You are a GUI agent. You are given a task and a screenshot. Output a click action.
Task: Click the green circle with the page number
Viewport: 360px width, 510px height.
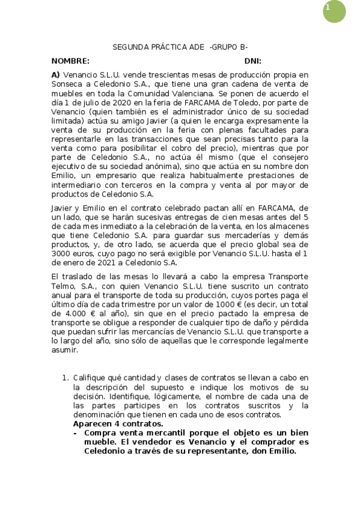pos(334,11)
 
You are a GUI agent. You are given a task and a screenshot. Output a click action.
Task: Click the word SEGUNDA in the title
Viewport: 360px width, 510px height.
pos(127,47)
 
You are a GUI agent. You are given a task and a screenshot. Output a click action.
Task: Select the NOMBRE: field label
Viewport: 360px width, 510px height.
pos(70,61)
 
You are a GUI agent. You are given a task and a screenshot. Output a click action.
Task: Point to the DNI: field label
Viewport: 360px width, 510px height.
pos(252,61)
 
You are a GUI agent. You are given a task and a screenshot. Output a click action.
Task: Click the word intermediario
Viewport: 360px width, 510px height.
pos(76,185)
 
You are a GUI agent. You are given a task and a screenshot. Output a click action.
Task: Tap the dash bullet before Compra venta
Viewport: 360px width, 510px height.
pos(75,432)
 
